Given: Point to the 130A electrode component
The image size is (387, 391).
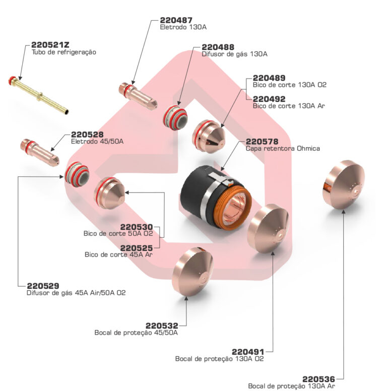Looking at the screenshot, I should coord(138,95).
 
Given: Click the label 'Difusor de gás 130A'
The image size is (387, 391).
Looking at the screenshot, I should coord(234,53).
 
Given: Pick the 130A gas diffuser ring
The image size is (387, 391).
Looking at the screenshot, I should coord(175,117).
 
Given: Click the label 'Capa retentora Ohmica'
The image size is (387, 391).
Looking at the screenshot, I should coord(282,149).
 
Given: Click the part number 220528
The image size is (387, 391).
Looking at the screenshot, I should coord(87,135).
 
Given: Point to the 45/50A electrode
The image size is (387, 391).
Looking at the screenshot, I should coord(39,151).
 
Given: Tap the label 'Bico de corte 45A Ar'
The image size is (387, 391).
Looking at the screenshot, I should coord(118,254).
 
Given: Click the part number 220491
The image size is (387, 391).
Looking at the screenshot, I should coord(248,352).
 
